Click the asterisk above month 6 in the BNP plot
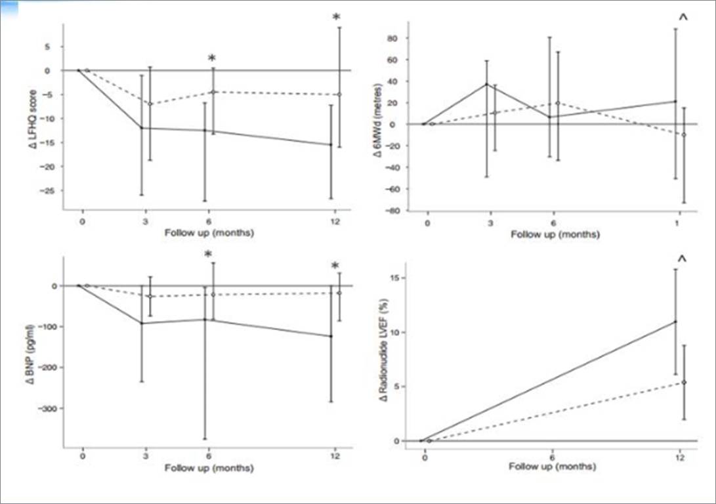tap(208, 255)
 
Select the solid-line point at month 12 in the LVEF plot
tap(675, 322)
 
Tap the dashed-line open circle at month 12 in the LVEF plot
tap(684, 383)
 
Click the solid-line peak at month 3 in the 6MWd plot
tap(486, 84)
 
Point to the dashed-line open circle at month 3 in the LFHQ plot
tap(150, 104)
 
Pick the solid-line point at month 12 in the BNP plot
tap(331, 337)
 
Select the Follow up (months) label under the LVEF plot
tap(553, 467)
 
